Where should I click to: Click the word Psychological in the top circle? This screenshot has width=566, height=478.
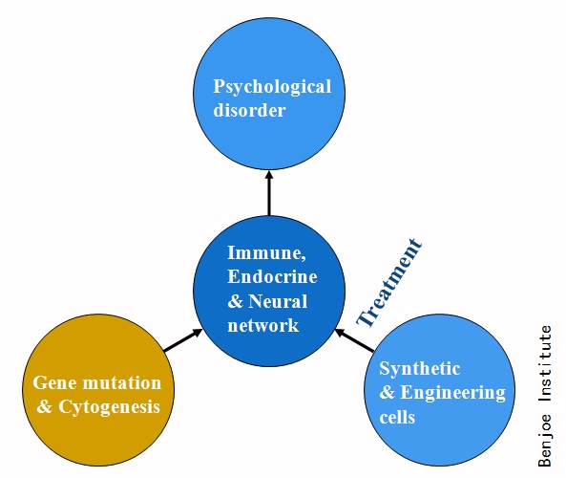[x=272, y=88]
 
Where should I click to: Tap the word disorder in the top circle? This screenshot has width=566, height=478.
[x=249, y=109]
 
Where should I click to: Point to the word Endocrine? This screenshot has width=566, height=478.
[x=272, y=276]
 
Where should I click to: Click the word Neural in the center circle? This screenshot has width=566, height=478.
[x=278, y=301]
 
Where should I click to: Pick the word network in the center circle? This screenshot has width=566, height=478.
[x=263, y=325]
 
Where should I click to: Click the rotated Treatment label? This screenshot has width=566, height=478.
[x=389, y=283]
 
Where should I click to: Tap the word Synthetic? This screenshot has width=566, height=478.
[x=419, y=370]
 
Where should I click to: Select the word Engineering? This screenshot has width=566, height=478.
[x=452, y=393]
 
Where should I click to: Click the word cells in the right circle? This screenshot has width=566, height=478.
[x=397, y=417]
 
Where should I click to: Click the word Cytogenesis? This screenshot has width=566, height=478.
[x=109, y=407]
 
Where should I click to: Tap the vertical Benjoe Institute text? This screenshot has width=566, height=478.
[x=545, y=397]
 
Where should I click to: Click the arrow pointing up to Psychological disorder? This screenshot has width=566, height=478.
[x=269, y=193]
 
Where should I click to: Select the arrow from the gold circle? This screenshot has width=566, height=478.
[x=183, y=340]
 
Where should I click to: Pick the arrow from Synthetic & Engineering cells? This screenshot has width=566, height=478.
[x=354, y=340]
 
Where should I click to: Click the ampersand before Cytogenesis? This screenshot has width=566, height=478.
[x=45, y=406]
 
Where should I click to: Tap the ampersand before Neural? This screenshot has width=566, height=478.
[x=236, y=301]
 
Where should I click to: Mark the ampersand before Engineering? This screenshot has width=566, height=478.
[x=388, y=392]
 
